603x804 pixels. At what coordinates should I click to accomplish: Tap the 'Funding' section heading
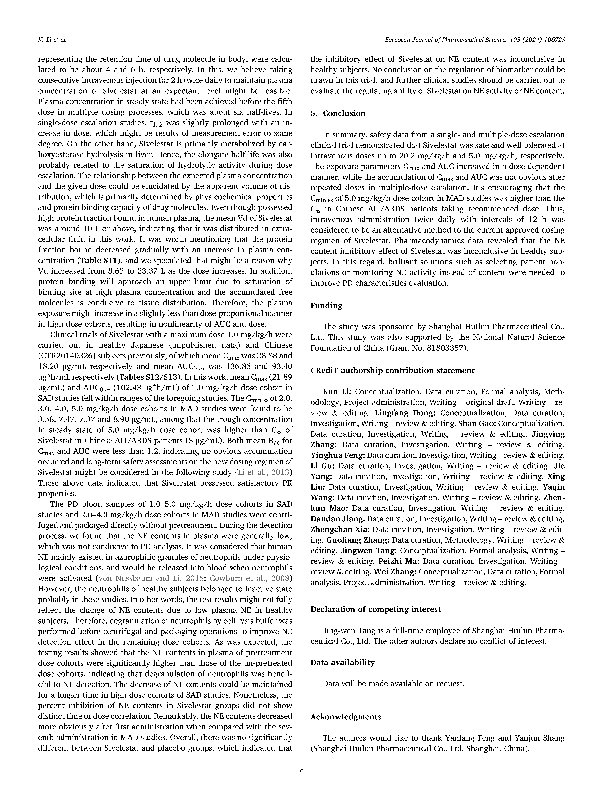point(326,306)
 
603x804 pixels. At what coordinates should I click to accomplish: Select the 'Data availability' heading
point(342,662)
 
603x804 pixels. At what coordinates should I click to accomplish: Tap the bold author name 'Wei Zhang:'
point(395,572)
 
